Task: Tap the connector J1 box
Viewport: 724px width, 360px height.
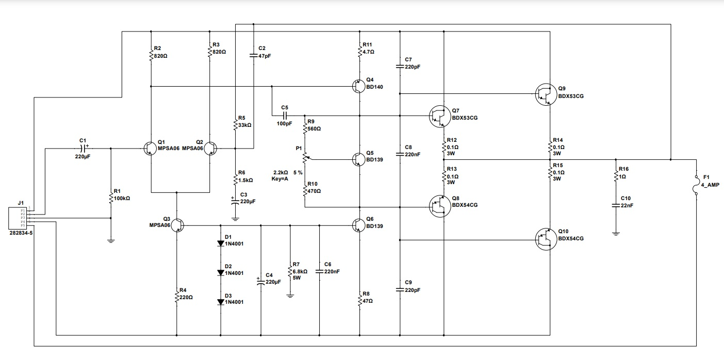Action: pyautogui.click(x=18, y=218)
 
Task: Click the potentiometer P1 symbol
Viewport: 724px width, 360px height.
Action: pyautogui.click(x=305, y=156)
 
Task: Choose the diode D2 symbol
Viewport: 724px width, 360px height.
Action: pyautogui.click(x=221, y=272)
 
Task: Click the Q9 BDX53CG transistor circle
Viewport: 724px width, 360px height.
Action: pyautogui.click(x=545, y=95)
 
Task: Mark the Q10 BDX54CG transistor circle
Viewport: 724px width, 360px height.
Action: pyautogui.click(x=545, y=239)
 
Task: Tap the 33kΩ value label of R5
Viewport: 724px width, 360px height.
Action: pyautogui.click(x=245, y=125)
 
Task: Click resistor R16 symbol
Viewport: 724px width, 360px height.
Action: pyautogui.click(x=616, y=176)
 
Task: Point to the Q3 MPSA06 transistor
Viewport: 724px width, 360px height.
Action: pyautogui.click(x=177, y=225)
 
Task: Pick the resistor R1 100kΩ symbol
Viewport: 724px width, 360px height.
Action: pyautogui.click(x=110, y=198)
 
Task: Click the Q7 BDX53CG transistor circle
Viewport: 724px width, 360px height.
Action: pyautogui.click(x=439, y=117)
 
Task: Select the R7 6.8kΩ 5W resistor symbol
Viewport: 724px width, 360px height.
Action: pyautogui.click(x=290, y=274)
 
